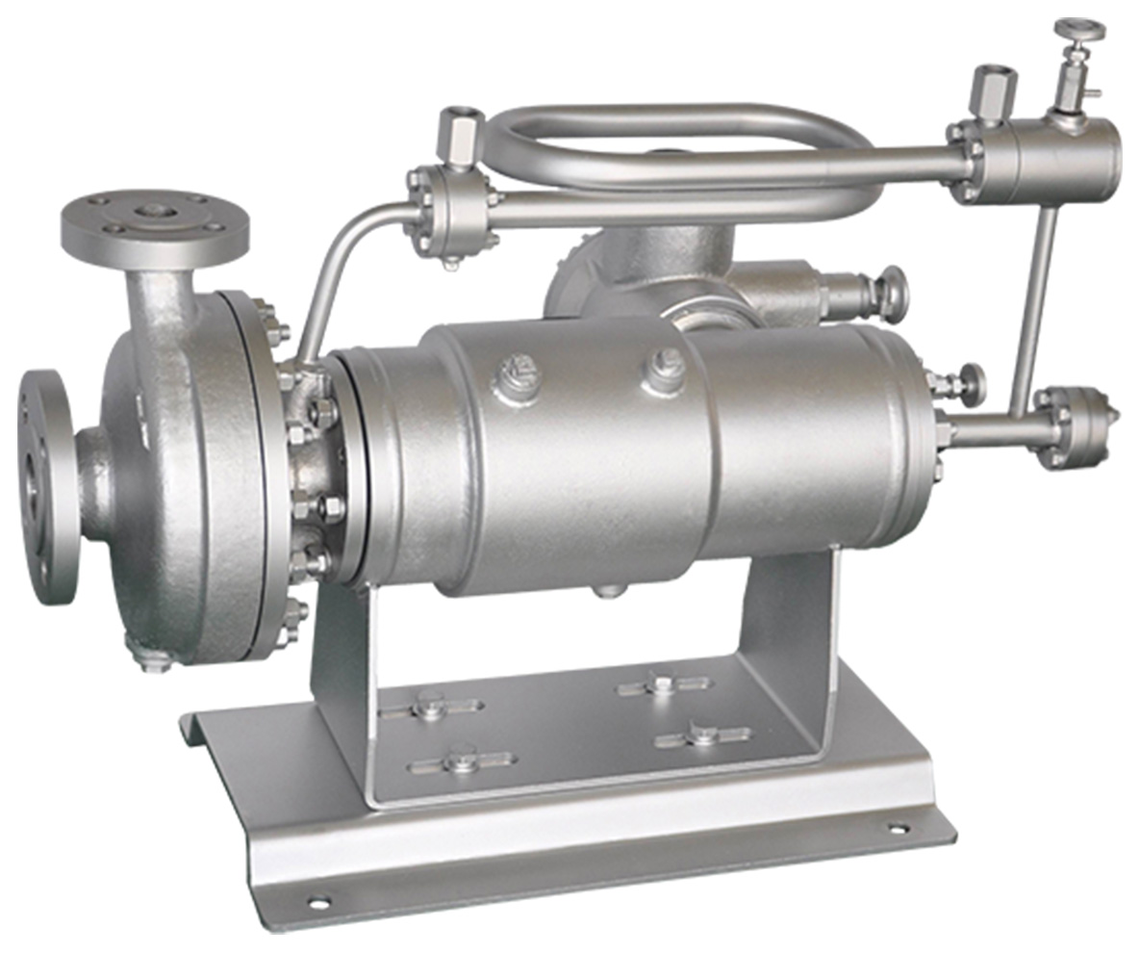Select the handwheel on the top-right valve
click(1078, 29)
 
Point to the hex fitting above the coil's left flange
click(460, 135)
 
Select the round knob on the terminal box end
click(893, 294)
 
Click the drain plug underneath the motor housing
click(607, 588)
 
